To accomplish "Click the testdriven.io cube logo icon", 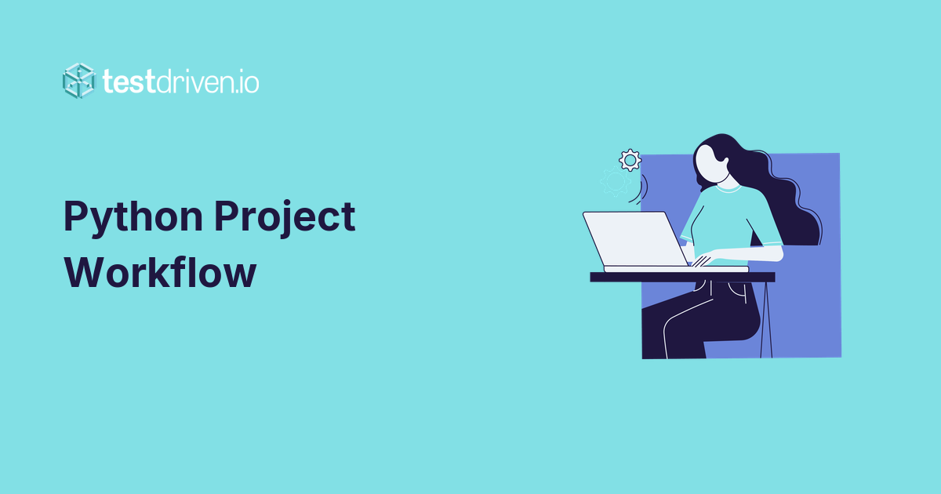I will click(78, 80).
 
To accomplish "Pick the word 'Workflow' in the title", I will click(160, 273).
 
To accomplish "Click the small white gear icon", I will click(630, 160).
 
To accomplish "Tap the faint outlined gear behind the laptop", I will click(614, 182).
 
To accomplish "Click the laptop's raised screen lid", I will click(635, 238).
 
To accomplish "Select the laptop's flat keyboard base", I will click(674, 269).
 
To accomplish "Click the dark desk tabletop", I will click(682, 277).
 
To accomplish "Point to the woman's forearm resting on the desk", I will click(745, 254).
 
